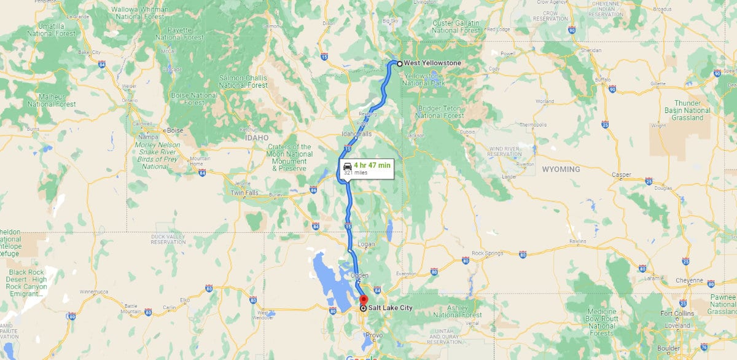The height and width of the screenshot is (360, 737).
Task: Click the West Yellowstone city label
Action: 432,63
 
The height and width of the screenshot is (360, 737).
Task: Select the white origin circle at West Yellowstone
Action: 399,63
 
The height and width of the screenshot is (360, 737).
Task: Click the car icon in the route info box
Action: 347,166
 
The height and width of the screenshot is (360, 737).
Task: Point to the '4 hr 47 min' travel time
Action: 372,165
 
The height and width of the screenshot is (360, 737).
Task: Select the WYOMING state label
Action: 561,169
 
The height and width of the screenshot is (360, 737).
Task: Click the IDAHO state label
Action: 257,138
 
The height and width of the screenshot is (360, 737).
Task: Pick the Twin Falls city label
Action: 244,193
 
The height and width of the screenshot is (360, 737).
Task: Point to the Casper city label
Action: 622,175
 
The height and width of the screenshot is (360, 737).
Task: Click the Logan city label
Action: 365,244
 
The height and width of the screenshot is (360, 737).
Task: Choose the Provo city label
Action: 373,335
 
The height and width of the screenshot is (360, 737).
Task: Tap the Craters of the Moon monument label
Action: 289,157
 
